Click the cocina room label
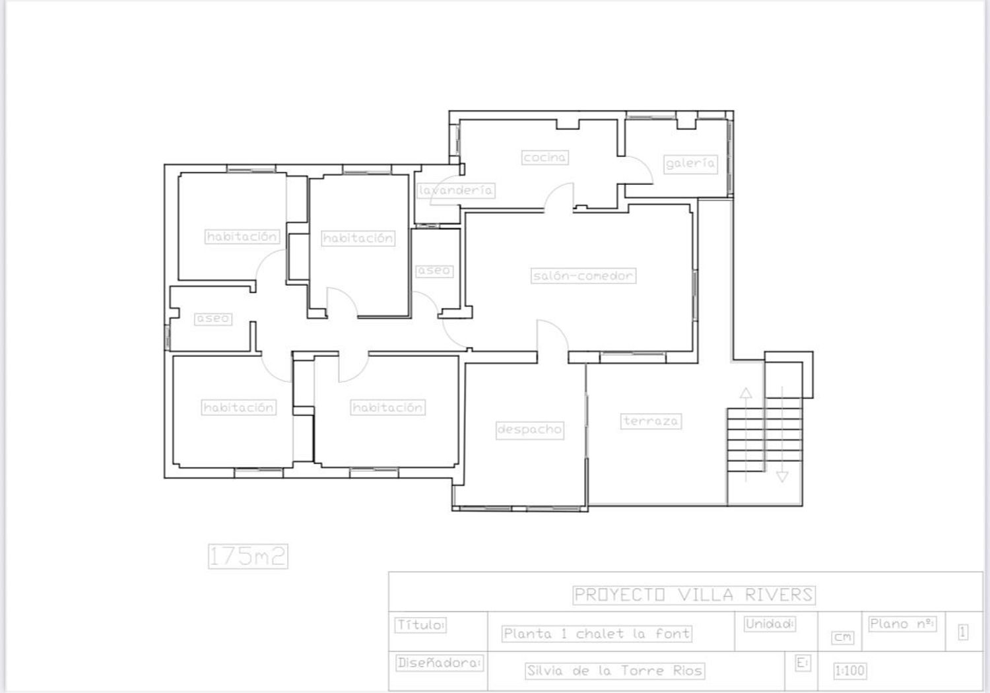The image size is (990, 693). pyautogui.click(x=545, y=157)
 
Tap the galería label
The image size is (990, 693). pyautogui.click(x=690, y=164)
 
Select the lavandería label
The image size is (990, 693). pyautogui.click(x=455, y=191)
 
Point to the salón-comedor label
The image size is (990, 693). pyautogui.click(x=583, y=276)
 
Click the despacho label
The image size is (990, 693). pyautogui.click(x=530, y=430)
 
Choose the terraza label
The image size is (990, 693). pyautogui.click(x=651, y=421)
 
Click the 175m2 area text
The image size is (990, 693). pyautogui.click(x=248, y=556)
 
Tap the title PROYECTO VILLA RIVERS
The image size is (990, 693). pyautogui.click(x=694, y=595)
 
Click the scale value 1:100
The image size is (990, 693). pyautogui.click(x=850, y=671)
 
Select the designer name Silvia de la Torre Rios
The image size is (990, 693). pyautogui.click(x=614, y=671)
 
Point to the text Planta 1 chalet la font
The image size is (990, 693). pyautogui.click(x=597, y=634)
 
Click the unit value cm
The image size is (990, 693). pyautogui.click(x=843, y=638)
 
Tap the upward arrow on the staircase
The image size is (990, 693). pyautogui.click(x=746, y=435)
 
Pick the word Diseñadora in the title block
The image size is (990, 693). pyautogui.click(x=440, y=663)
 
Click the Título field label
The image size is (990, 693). pyautogui.click(x=420, y=625)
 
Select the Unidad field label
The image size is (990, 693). pyautogui.click(x=770, y=624)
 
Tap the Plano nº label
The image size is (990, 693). pyautogui.click(x=902, y=624)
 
